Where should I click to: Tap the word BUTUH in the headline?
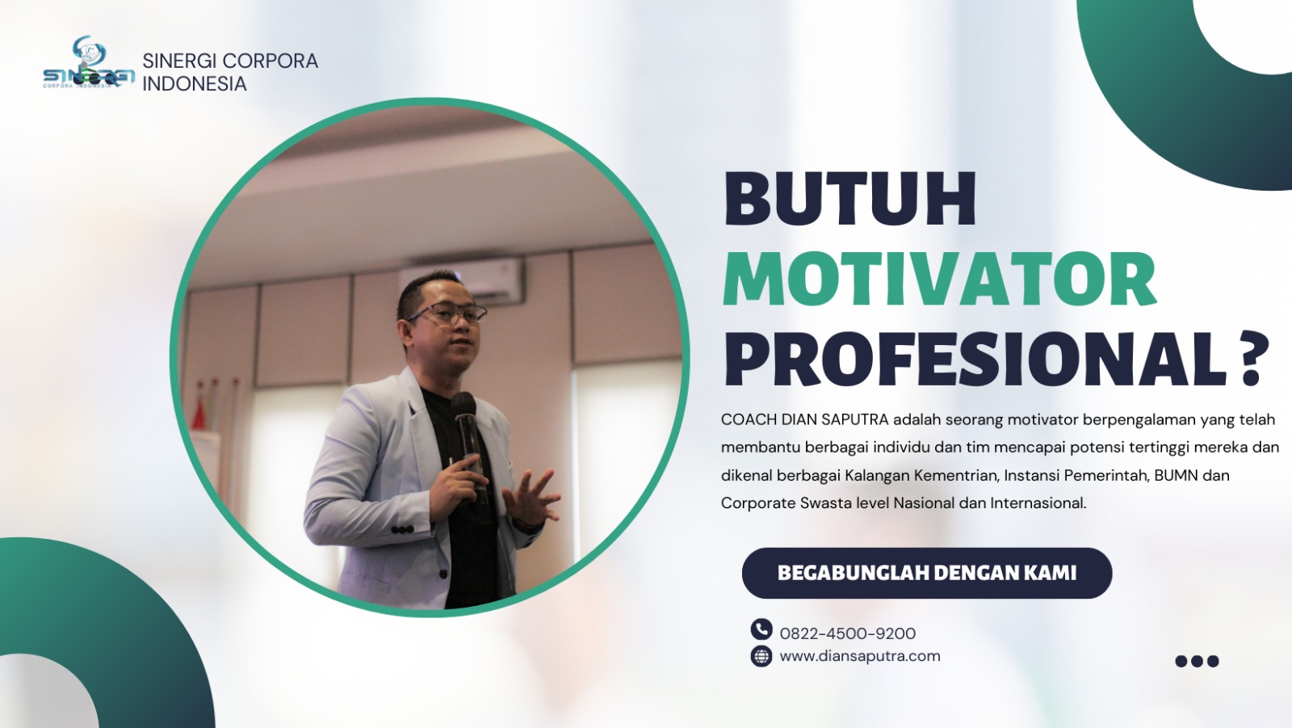(849, 199)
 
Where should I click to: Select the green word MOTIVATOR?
(940, 280)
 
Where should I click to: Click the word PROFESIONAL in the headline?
(975, 359)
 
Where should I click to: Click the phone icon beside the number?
(761, 629)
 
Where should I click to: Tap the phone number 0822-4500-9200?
(847, 634)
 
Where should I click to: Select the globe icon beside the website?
(761, 656)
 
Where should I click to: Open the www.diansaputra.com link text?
(860, 656)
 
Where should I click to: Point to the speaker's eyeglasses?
(447, 314)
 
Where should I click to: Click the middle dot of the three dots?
(1198, 661)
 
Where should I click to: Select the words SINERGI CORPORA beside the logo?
(230, 61)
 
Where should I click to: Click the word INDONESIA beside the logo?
(195, 84)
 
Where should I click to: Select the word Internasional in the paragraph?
(1038, 503)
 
